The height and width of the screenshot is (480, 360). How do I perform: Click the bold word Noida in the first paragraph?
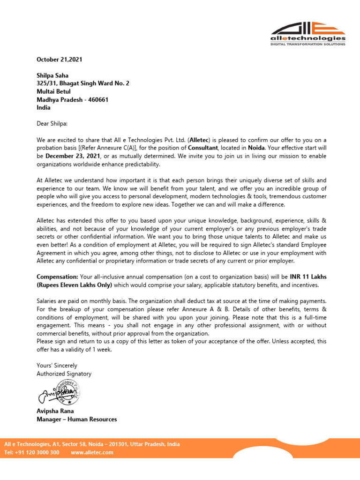[257, 148]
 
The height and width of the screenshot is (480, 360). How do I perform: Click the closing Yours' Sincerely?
[57, 365]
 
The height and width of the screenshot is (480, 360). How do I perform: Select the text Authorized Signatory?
[64, 374]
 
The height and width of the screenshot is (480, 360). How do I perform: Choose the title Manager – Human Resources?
[77, 419]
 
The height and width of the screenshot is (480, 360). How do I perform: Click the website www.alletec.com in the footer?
[92, 452]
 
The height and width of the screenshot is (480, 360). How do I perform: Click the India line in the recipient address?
[43, 107]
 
